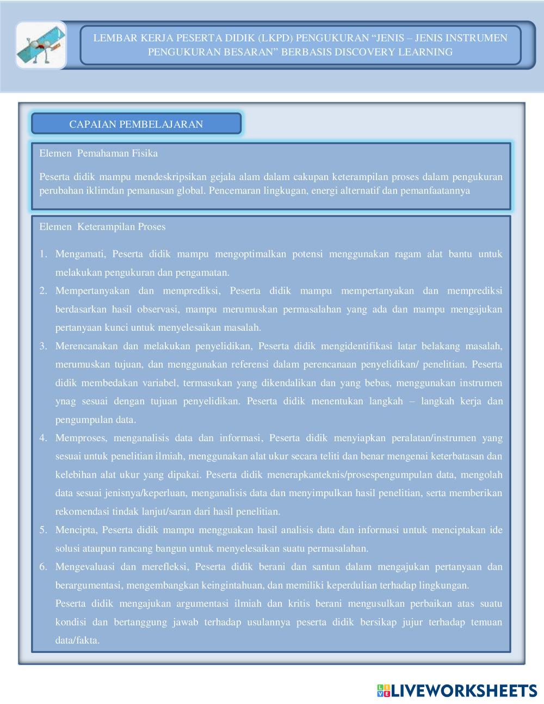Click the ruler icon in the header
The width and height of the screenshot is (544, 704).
click(41, 45)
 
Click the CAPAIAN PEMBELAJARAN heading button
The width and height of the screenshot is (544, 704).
click(136, 124)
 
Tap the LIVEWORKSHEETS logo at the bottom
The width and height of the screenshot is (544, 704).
click(457, 690)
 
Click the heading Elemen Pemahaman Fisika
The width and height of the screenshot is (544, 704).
click(98, 153)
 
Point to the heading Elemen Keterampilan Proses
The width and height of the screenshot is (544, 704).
click(102, 227)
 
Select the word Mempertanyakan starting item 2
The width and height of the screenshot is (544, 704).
click(92, 291)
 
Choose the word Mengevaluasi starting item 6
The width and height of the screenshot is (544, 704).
click(84, 567)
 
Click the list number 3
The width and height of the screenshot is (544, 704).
click(43, 346)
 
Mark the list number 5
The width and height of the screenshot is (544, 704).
click(43, 530)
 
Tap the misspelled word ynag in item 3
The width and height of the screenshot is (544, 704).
click(66, 402)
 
